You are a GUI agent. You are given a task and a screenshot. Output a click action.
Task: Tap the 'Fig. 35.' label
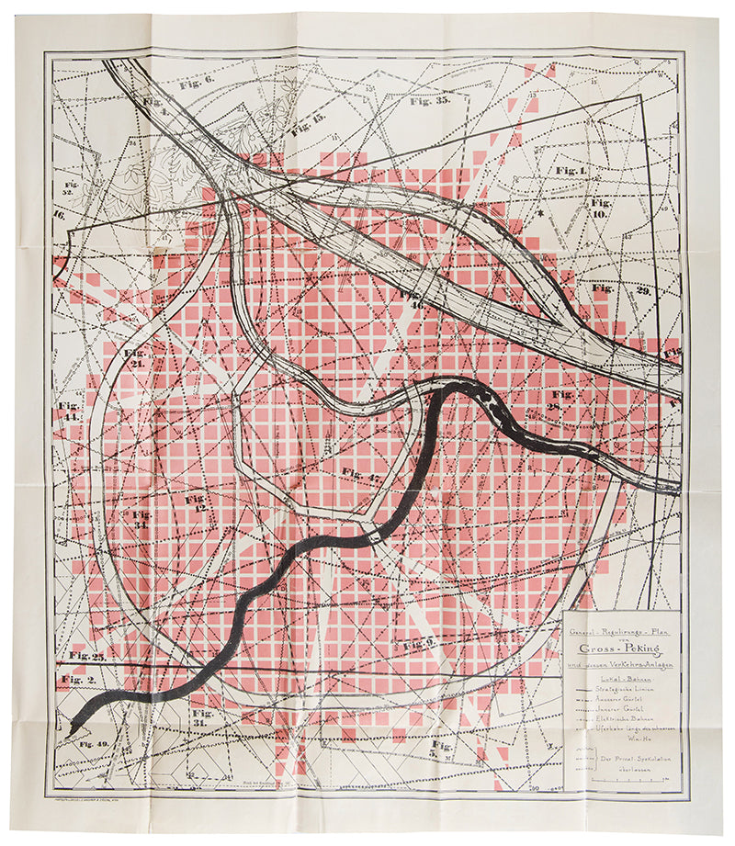tap(430, 101)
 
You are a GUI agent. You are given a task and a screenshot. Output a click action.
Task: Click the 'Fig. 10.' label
tap(602, 208)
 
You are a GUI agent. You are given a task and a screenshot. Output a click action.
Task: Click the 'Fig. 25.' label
tap(87, 656)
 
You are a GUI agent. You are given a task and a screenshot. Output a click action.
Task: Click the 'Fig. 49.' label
tap(94, 742)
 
